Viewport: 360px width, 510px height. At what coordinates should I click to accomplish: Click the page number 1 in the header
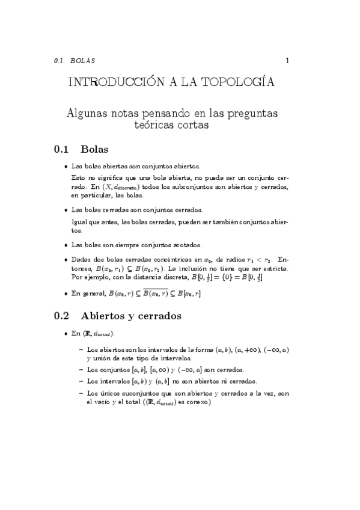288,60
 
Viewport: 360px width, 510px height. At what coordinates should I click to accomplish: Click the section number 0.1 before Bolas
63,149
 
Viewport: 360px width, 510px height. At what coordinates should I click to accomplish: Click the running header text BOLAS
82,61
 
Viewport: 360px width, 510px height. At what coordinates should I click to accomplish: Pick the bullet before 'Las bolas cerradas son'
65,210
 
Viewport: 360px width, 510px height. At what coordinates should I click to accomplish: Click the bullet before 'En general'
65,293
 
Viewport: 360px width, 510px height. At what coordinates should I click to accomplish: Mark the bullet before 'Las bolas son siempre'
65,245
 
